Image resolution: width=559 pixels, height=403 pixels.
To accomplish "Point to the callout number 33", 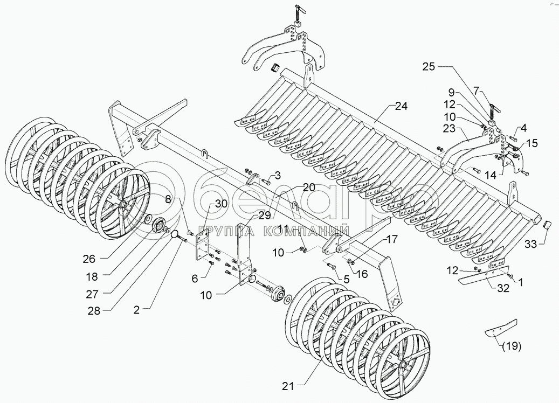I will pyautogui.click(x=532, y=244).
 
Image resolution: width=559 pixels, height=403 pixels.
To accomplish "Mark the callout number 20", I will pyautogui.click(x=308, y=187).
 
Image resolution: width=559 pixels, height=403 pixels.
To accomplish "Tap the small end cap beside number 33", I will pyautogui.click(x=546, y=226).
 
